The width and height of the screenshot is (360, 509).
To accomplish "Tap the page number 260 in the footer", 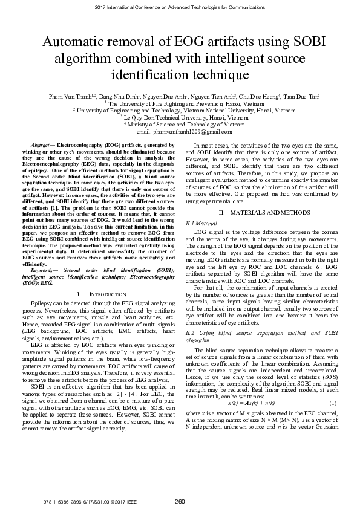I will (x=180, y=501).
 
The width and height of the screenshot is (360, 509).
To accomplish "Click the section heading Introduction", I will (x=94, y=293).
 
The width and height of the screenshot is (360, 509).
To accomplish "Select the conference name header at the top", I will (x=180, y=7).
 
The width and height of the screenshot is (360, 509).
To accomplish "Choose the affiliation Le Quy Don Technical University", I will (x=180, y=117).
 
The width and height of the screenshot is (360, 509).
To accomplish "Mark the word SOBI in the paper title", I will (x=300, y=42).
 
